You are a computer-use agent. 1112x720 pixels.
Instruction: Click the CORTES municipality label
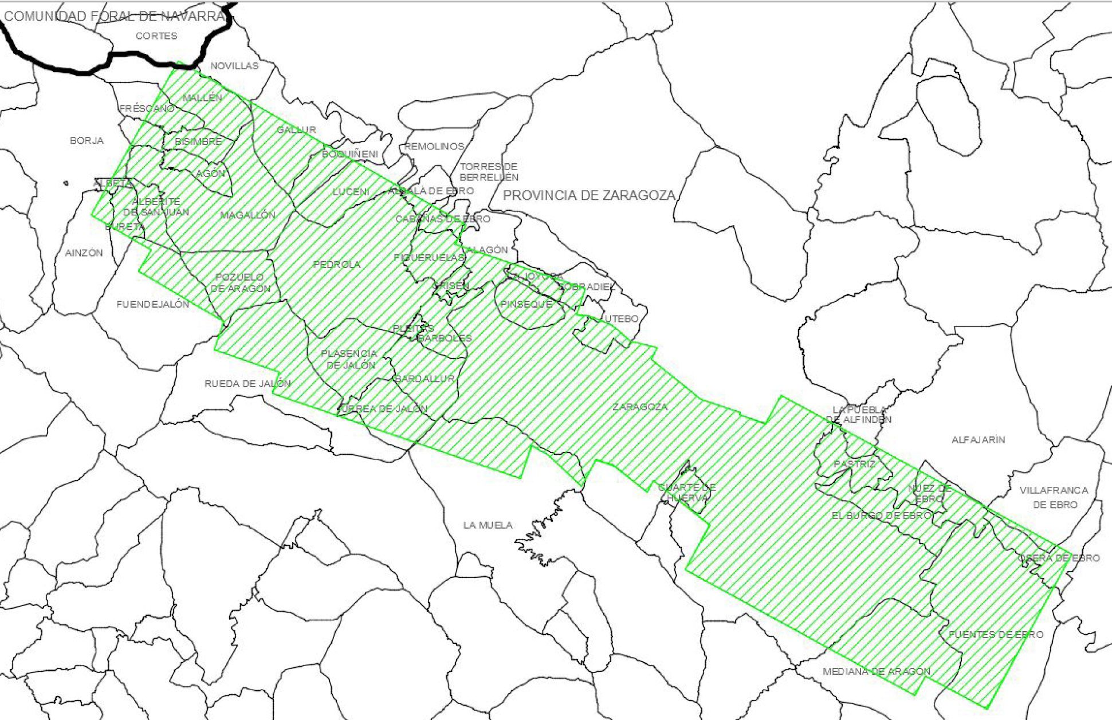[156, 36]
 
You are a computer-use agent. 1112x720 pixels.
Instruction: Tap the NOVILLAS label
[234, 66]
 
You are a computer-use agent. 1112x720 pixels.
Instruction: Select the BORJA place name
[87, 140]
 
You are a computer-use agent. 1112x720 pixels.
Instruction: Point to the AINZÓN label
[84, 253]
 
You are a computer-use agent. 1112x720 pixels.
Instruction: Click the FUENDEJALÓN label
[152, 304]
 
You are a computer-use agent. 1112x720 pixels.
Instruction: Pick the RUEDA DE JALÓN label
[247, 384]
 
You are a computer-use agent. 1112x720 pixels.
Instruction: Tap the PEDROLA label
[337, 265]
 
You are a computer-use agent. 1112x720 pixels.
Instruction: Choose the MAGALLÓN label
[248, 215]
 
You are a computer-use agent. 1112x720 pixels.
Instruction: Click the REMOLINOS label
[434, 147]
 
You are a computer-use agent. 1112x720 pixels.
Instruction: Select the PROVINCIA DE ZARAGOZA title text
[589, 195]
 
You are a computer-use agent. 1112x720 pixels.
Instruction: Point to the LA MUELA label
[488, 525]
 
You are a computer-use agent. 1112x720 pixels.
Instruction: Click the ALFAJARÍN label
[979, 440]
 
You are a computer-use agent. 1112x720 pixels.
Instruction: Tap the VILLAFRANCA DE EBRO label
[1054, 497]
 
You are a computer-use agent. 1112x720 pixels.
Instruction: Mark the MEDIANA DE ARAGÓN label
[877, 671]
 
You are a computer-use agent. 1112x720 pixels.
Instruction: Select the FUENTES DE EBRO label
[996, 635]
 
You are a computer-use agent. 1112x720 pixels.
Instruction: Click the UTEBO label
[622, 318]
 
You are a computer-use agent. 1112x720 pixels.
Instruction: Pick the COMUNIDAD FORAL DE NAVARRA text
[115, 16]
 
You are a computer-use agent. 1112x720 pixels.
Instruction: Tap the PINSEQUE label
[526, 304]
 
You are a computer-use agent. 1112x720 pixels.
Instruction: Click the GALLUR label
[296, 130]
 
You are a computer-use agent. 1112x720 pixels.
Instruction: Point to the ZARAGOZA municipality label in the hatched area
[640, 407]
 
